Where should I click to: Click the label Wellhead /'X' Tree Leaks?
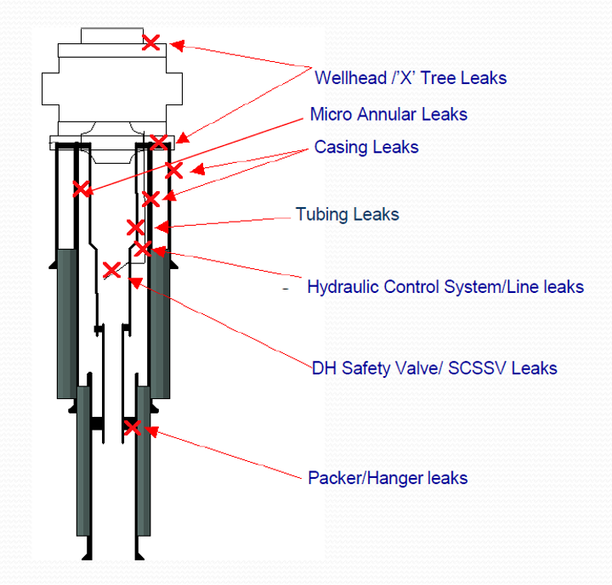click(x=411, y=78)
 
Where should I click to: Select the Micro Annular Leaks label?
click(x=388, y=114)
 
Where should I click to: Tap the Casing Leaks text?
click(x=366, y=147)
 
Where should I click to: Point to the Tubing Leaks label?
click(x=347, y=214)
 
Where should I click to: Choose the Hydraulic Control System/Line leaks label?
click(x=445, y=287)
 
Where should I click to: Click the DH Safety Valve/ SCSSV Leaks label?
click(x=434, y=368)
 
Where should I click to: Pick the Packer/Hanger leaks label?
click(x=388, y=478)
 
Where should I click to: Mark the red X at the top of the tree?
click(x=150, y=42)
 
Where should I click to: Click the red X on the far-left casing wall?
click(x=81, y=188)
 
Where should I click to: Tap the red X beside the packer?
click(x=132, y=427)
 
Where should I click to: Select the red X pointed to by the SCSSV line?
click(x=111, y=271)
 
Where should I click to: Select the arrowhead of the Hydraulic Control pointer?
click(x=158, y=252)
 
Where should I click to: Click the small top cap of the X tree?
click(x=112, y=35)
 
